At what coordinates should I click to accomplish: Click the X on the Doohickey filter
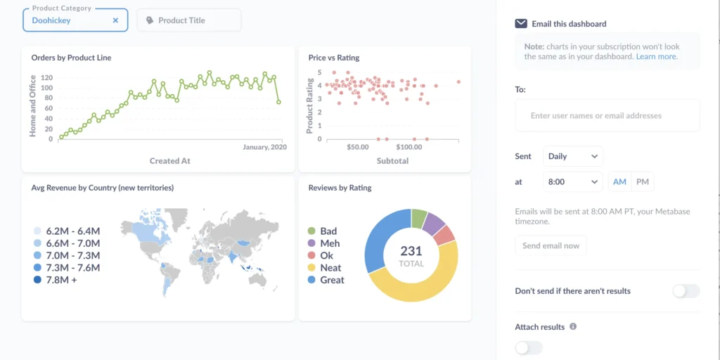click(116, 20)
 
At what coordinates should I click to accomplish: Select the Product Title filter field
click(188, 20)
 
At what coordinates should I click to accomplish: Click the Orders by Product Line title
click(71, 58)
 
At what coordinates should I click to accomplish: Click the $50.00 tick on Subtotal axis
click(358, 147)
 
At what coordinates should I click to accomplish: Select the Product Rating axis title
click(310, 105)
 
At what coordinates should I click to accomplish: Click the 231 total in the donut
click(411, 252)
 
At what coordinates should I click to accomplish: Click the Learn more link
click(656, 56)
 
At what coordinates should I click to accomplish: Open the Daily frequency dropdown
click(573, 156)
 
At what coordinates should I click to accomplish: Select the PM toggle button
click(642, 182)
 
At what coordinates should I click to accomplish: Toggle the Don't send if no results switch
click(686, 291)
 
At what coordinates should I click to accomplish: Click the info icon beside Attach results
click(573, 327)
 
